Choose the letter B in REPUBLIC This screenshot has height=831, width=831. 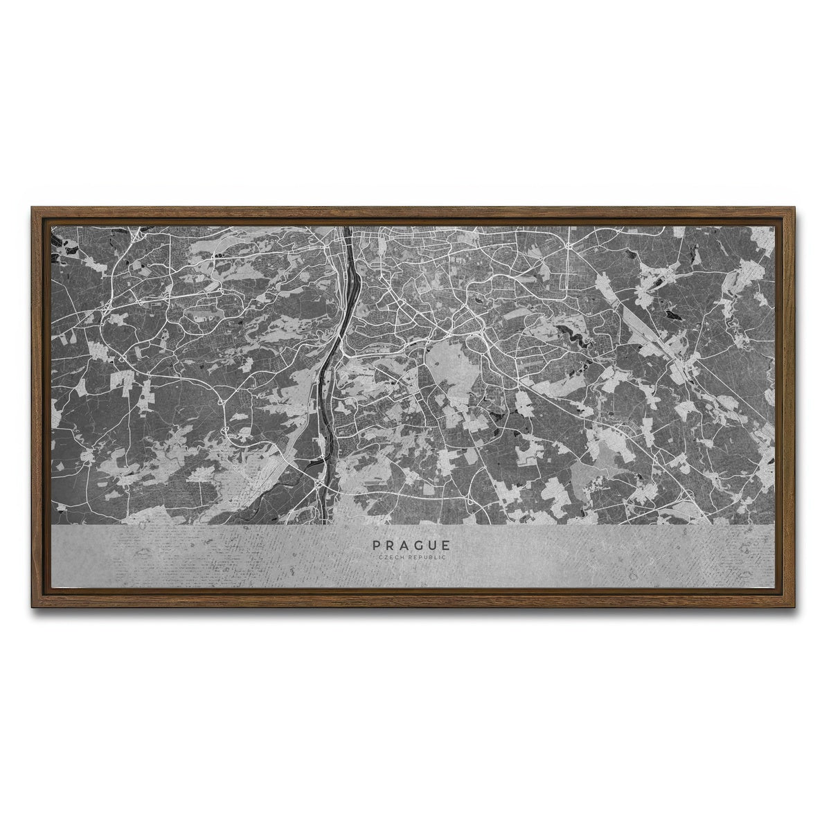pos(430,557)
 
